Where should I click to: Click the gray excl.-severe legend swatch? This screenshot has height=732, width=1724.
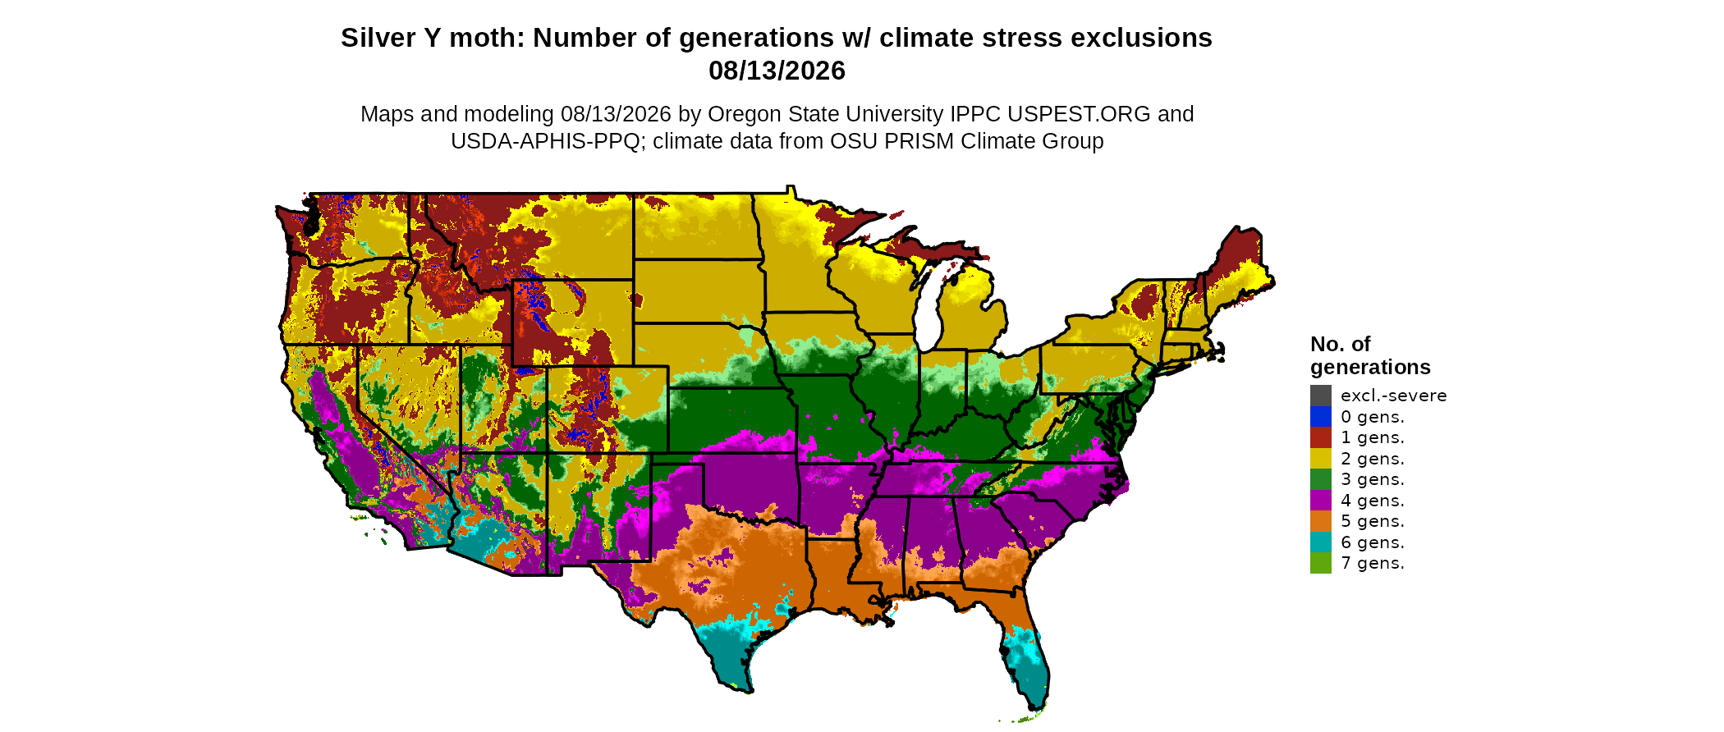pos(1320,396)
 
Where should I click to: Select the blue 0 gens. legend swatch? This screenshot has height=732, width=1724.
pos(1320,417)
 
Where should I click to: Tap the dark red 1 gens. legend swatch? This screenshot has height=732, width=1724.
pos(1320,437)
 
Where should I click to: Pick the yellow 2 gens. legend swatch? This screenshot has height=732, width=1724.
pos(1320,459)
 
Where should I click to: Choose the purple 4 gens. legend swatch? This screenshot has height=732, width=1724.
pos(1320,501)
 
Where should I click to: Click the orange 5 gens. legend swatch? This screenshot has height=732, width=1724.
pos(1320,521)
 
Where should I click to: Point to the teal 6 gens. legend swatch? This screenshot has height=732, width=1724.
pos(1320,542)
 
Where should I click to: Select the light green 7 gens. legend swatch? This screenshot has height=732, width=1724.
pos(1320,563)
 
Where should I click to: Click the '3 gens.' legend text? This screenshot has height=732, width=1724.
pos(1373,480)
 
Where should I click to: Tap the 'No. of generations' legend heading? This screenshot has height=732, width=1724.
pos(1370,355)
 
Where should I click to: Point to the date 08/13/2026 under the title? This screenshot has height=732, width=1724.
pos(777,71)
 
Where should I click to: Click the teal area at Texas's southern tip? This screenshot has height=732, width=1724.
pos(727,652)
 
